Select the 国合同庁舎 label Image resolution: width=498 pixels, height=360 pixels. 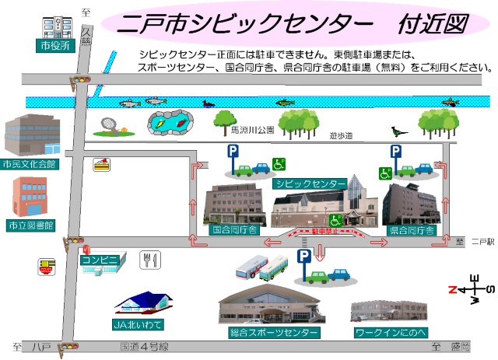click(x=234, y=231)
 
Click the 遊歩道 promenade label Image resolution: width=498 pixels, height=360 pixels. click(x=340, y=136)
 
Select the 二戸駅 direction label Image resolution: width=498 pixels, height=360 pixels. click(x=482, y=243)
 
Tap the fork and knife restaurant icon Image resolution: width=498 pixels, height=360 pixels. click(x=149, y=260)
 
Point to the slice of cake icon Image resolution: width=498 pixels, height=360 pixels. click(x=101, y=163)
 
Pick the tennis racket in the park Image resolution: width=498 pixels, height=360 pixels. click(x=109, y=124)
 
